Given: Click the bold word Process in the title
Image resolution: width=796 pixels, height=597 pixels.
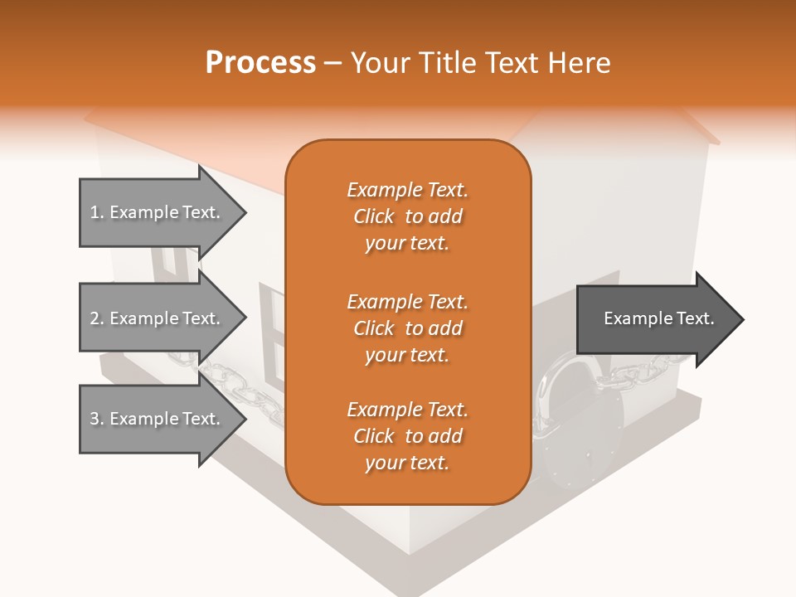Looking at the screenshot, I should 260,63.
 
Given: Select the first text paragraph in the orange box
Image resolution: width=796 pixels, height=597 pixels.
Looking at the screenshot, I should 407,216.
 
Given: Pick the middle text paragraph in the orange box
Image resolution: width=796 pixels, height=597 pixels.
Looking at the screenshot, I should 407,328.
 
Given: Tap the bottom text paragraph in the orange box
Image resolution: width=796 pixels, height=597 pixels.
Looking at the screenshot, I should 407,436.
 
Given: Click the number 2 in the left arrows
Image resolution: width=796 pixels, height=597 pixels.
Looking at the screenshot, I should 95,318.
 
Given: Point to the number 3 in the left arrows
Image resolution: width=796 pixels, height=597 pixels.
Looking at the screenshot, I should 95,419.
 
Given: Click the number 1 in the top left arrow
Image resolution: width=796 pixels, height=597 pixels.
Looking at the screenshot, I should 95,212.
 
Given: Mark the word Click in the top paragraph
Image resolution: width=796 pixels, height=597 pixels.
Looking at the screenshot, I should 374,216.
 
